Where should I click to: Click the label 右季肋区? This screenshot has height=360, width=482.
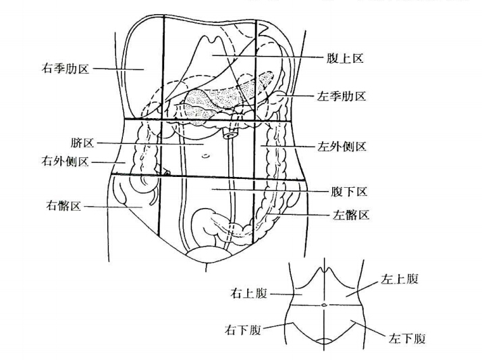pos(65,68)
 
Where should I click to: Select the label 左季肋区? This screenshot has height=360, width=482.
pos(341,97)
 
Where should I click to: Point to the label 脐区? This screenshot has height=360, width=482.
pos(82,144)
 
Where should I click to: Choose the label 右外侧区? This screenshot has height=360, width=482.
pos(65,162)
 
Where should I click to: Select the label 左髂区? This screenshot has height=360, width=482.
pos(350,215)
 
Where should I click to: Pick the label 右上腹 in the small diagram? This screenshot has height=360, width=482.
pos(250,294)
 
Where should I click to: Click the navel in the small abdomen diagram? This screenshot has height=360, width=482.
pos(325,306)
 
